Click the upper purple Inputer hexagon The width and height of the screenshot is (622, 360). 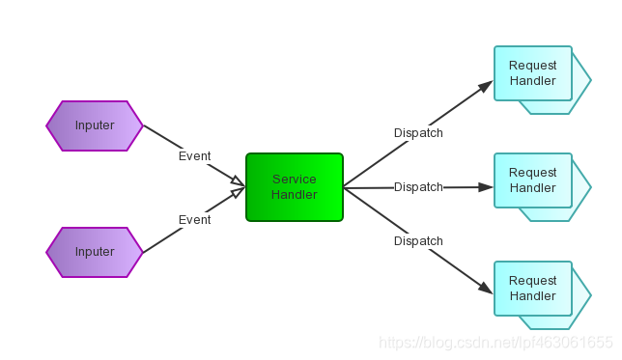tap(95, 125)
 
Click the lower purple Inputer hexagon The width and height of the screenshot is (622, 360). tap(95, 252)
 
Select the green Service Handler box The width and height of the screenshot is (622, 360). tap(295, 187)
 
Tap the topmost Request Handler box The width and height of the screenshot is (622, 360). tap(533, 73)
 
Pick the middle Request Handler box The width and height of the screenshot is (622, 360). tap(533, 180)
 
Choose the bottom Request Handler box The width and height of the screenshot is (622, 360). tap(533, 289)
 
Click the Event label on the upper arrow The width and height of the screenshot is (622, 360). tap(194, 156)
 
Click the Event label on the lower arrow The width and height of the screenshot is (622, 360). tap(194, 220)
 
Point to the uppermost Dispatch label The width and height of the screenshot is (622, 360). tap(418, 133)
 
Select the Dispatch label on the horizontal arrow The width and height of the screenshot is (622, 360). tap(418, 187)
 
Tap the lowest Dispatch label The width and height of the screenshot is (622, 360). tap(418, 241)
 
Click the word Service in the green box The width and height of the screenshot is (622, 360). tap(295, 180)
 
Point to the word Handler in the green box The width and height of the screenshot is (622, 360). tap(295, 195)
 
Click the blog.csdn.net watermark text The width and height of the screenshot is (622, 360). tap(496, 343)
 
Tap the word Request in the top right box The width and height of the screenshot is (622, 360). tap(533, 66)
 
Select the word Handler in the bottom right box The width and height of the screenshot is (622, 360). tap(533, 296)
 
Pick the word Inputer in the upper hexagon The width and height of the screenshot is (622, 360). tap(95, 125)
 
